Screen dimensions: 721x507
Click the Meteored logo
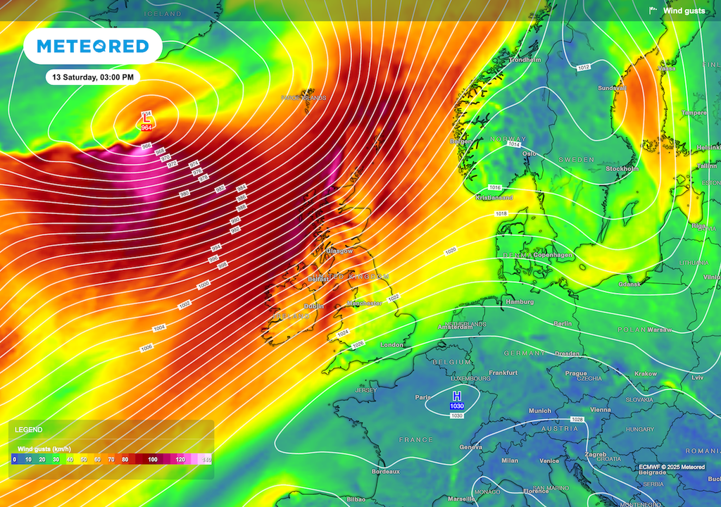pyautogui.click(x=93, y=46)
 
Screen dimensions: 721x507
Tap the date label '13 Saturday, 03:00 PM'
pyautogui.click(x=93, y=77)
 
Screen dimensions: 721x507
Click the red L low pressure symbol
pyautogui.click(x=146, y=119)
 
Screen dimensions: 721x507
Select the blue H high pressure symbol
pyautogui.click(x=457, y=396)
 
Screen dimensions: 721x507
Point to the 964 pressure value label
pyautogui.click(x=146, y=128)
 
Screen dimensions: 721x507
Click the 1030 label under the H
pyautogui.click(x=457, y=406)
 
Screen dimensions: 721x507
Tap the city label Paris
pyautogui.click(x=422, y=397)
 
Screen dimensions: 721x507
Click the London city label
pyautogui.click(x=391, y=345)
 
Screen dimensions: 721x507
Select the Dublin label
pyautogui.click(x=314, y=306)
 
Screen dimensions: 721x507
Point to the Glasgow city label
pyautogui.click(x=339, y=251)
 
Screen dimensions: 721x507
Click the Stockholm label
pyautogui.click(x=622, y=169)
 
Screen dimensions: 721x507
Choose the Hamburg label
pyautogui.click(x=519, y=302)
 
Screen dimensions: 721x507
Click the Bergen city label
pyautogui.click(x=461, y=142)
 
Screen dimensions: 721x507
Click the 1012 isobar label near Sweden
pyautogui.click(x=583, y=67)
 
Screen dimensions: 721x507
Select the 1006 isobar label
pyautogui.click(x=146, y=348)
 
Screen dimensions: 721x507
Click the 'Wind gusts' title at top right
pyautogui.click(x=684, y=11)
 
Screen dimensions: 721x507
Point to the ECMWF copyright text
pyautogui.click(x=672, y=466)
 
